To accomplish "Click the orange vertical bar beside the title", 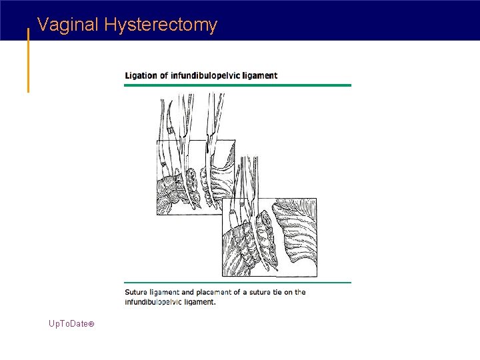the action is pyautogui.click(x=28, y=60).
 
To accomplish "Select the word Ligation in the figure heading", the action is pyautogui.click(x=140, y=75).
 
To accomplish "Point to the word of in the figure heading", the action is pyautogui.click(x=163, y=75).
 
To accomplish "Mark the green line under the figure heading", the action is pyautogui.click(x=237, y=85).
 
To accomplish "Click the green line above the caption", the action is pyautogui.click(x=237, y=283).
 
